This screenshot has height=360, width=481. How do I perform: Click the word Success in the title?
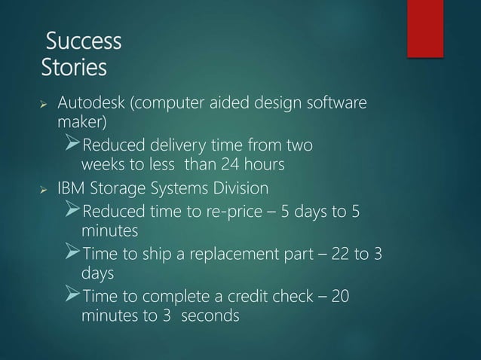(x=84, y=41)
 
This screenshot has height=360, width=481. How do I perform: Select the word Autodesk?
(x=92, y=102)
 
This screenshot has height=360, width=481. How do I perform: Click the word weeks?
(x=104, y=164)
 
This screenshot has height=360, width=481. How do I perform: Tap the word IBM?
(x=74, y=187)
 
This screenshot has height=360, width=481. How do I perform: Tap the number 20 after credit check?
(x=340, y=296)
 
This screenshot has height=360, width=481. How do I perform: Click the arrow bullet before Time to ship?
(x=78, y=252)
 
